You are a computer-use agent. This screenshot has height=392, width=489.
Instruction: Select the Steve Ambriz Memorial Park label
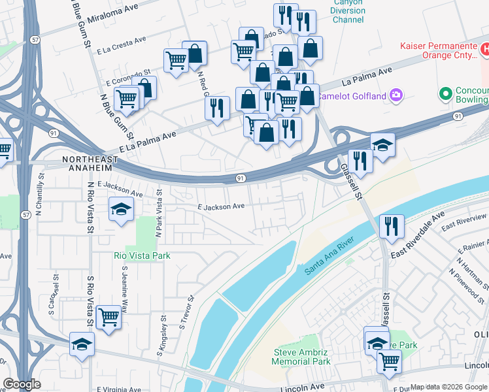(301, 357)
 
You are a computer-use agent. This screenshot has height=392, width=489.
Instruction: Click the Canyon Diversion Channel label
(348, 11)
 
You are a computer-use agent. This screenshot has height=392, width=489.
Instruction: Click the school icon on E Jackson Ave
(121, 210)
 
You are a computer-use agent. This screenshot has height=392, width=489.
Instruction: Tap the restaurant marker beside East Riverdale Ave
(391, 226)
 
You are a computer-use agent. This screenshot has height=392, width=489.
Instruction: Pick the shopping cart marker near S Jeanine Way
(109, 317)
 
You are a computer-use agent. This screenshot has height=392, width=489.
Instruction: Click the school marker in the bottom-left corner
(82, 344)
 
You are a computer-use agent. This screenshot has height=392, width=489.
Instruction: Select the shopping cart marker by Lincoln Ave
(389, 359)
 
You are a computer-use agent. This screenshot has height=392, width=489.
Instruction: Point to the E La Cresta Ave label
(121, 44)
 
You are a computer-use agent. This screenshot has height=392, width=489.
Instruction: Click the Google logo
(22, 384)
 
